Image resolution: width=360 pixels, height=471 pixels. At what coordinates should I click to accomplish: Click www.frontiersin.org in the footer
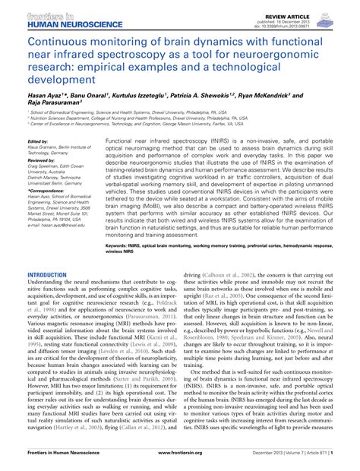coord(181,461)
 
